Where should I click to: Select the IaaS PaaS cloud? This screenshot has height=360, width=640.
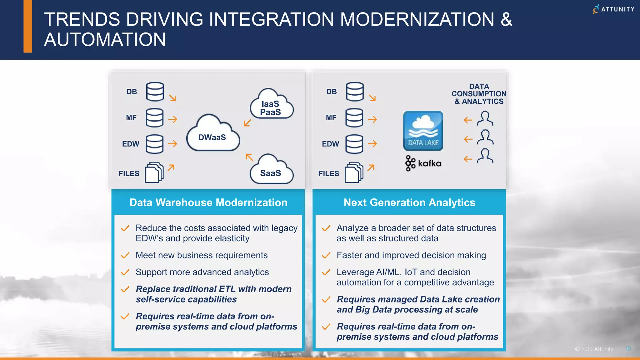coord(271,105)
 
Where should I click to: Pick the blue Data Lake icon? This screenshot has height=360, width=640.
coord(423,131)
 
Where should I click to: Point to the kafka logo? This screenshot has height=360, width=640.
coord(423,163)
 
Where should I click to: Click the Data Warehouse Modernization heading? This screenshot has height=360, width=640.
coord(208,202)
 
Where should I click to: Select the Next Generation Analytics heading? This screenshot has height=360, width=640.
coord(409,202)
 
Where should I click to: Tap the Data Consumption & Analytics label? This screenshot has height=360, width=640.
coord(479,94)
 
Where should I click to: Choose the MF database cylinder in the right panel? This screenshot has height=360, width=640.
coord(354,118)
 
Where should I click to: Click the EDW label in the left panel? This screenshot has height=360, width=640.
coord(131,144)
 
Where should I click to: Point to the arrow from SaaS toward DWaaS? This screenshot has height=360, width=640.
coord(249,157)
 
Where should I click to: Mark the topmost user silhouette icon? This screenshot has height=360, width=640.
coord(485,118)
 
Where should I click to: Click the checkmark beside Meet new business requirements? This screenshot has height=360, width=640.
coord(125,256)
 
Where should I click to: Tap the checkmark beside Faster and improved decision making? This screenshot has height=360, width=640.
coord(326,256)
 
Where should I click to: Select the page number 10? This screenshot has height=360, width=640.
coord(628,349)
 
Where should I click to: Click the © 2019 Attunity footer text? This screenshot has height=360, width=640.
coord(594,349)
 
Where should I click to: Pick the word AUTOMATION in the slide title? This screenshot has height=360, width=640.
coord(105,40)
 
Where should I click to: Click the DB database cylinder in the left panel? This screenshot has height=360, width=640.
coord(155,92)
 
